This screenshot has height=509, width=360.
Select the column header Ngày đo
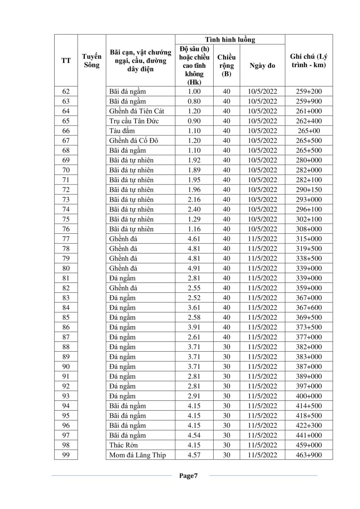tap(262, 65)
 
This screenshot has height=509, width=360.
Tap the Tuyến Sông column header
tap(91, 61)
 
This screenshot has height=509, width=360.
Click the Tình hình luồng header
tap(230, 39)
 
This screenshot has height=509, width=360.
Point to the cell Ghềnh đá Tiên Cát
tap(136, 111)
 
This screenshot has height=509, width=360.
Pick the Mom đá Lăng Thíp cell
tap(137, 455)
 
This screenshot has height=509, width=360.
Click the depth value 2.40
tap(194, 209)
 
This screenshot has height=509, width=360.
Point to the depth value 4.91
tap(194, 268)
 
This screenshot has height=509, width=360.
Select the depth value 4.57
tap(194, 455)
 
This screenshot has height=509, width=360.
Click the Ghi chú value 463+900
tap(308, 455)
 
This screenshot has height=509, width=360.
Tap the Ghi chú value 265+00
tap(308, 131)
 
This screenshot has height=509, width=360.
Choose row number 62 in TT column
tap(66, 91)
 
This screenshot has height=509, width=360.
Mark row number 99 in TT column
tap(66, 455)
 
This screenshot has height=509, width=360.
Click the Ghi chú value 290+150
tap(308, 190)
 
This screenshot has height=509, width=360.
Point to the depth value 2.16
tap(194, 199)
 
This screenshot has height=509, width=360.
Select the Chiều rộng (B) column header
tap(226, 65)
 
